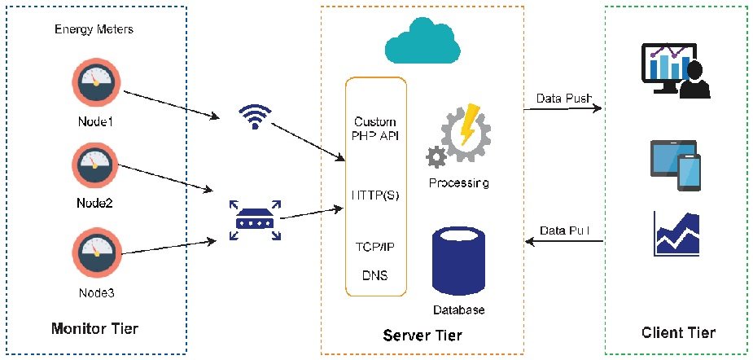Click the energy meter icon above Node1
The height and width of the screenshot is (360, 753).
click(95, 83)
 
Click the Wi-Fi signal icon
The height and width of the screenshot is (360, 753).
click(255, 116)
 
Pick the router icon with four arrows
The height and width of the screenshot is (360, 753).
click(255, 220)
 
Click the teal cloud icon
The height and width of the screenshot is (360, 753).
click(422, 41)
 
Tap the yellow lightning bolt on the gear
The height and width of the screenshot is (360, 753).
click(468, 124)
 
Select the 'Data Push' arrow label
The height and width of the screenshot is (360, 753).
click(563, 99)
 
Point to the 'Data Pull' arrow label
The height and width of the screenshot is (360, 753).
click(564, 230)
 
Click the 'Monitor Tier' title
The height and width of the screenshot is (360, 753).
click(94, 329)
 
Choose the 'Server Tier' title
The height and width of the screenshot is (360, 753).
click(422, 335)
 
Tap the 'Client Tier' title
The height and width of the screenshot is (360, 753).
click(678, 332)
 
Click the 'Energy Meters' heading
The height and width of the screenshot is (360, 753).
click(94, 29)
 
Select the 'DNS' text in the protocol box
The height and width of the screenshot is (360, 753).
click(374, 275)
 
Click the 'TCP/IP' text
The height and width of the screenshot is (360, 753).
click(375, 247)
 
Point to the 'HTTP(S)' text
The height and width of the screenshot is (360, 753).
click(375, 196)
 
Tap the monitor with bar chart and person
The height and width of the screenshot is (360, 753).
click(676, 71)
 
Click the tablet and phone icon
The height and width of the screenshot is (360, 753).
click(675, 165)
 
